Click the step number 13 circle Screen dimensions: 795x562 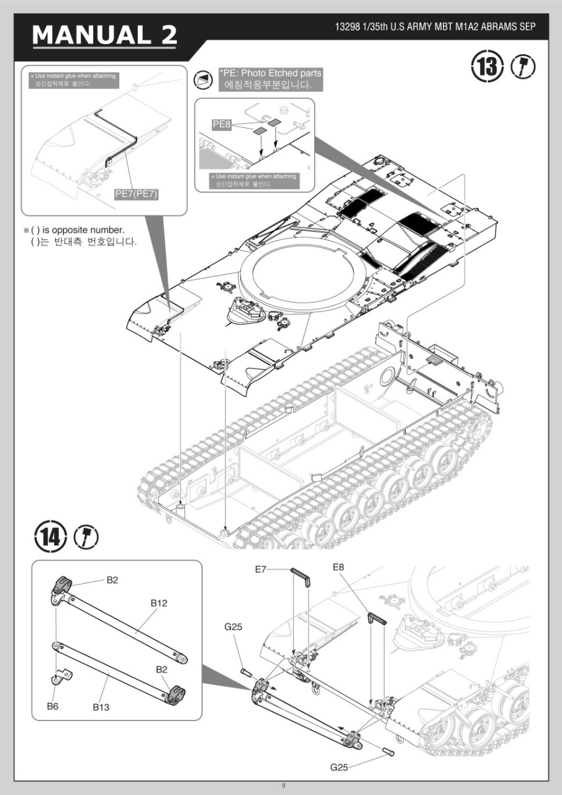[487, 66]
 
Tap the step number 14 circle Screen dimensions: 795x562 [50, 535]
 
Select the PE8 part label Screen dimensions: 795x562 [222, 124]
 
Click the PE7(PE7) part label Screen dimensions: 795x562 [137, 194]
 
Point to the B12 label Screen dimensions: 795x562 [159, 602]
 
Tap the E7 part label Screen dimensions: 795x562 [261, 569]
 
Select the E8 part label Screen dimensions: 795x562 [338, 566]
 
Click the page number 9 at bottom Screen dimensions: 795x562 [284, 786]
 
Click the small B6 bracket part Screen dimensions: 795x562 [61, 676]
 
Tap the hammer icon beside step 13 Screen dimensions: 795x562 [523, 66]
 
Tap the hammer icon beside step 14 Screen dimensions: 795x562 [86, 535]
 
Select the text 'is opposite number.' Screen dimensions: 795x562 [77, 230]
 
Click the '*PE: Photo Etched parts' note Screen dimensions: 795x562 [270, 73]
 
